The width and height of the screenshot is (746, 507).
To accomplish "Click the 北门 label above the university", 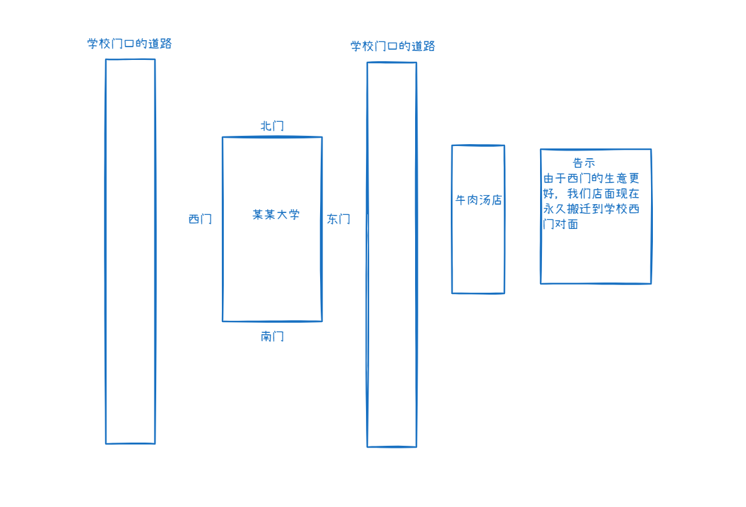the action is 272,126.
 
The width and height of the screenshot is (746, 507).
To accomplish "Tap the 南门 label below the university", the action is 272,336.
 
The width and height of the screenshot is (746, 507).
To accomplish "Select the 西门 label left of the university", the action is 200,219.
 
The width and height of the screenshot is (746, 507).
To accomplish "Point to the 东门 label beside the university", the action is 339,219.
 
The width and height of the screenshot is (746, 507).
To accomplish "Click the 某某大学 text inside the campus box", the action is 276,215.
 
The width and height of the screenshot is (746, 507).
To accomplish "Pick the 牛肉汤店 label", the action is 479,200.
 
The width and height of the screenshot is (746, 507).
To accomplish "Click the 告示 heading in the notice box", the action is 584,163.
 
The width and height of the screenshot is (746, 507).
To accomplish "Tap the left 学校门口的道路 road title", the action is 130,44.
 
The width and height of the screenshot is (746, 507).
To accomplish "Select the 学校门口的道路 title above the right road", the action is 393,47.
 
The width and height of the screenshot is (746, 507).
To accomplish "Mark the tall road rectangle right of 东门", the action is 391,254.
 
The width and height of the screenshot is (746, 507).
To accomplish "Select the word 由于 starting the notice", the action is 553,179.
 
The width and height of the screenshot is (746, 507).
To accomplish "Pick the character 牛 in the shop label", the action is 461,200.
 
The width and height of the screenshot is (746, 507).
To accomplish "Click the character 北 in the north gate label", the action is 266,126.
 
